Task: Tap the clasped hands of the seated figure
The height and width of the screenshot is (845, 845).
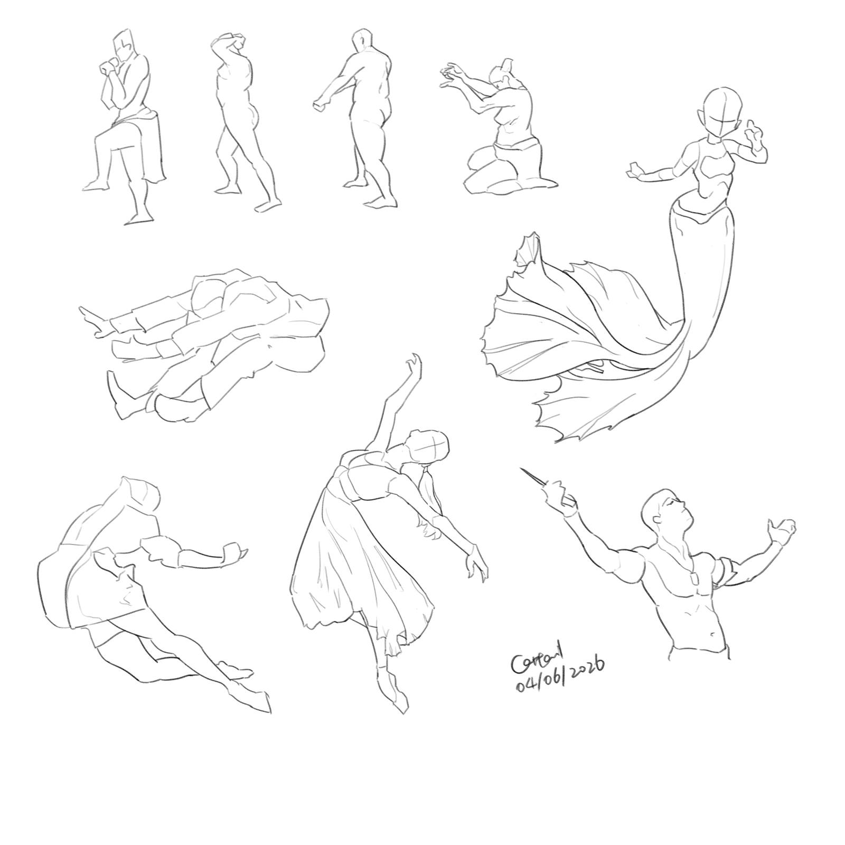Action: coord(108,67)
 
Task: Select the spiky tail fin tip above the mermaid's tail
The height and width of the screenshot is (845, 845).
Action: coord(530,246)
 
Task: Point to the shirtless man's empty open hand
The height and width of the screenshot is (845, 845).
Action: coord(783,530)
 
